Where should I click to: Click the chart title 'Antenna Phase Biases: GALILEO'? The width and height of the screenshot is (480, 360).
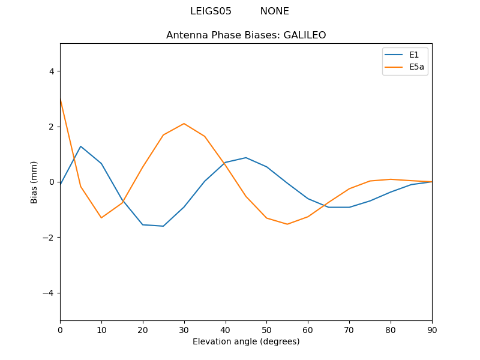(246, 35)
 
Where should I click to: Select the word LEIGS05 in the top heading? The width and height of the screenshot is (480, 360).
(211, 11)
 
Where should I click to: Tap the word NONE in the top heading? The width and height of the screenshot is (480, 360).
(274, 11)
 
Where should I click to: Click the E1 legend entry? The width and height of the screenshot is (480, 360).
(413, 55)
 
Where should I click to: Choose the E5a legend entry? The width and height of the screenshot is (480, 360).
(416, 67)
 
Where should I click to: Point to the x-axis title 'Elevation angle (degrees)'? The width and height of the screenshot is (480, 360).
(246, 342)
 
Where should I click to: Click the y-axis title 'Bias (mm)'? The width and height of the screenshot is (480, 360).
(34, 182)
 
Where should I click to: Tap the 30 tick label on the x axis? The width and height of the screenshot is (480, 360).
(184, 330)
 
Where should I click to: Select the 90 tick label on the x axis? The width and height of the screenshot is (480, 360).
(432, 330)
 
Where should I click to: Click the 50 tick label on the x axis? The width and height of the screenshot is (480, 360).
(266, 330)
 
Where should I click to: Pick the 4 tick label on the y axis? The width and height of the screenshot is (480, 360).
(52, 71)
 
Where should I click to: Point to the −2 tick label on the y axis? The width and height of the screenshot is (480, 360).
(49, 238)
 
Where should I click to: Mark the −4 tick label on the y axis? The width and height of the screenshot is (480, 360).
(49, 293)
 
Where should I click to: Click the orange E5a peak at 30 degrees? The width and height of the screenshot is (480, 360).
(184, 124)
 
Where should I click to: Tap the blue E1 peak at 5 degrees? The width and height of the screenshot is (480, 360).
(80, 146)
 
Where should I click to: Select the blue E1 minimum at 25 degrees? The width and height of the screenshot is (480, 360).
(163, 226)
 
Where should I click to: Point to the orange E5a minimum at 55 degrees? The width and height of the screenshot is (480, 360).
(287, 224)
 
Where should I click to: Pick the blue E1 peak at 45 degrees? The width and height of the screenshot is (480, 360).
(246, 158)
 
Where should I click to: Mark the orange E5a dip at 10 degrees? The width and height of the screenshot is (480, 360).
(101, 218)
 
